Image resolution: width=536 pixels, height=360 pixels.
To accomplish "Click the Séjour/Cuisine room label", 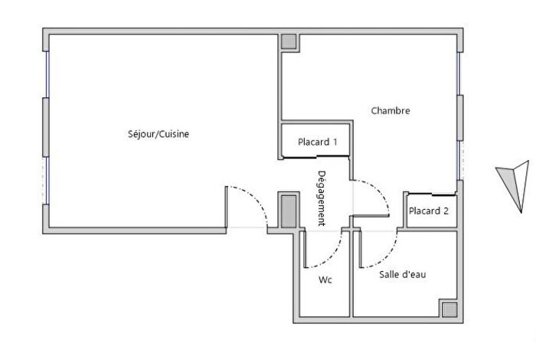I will click(158, 134).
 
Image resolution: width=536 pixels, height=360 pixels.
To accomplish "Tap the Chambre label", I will click(391, 110).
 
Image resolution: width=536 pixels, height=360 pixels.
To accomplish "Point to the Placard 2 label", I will click(428, 211).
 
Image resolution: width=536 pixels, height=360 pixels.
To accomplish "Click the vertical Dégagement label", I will click(322, 198).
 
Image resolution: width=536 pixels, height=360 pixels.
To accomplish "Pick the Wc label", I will click(325, 280).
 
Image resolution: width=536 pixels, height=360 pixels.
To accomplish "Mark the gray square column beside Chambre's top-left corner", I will click(289, 42).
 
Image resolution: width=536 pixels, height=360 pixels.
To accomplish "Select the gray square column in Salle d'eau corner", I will click(449, 309).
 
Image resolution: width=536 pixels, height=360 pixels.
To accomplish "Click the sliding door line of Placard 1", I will click(315, 157).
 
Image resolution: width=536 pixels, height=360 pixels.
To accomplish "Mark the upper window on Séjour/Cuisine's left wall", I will click(47, 74).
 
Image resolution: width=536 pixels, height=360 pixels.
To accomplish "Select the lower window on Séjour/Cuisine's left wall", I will click(47, 180).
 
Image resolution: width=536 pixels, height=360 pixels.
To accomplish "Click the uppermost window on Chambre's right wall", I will click(460, 73).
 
